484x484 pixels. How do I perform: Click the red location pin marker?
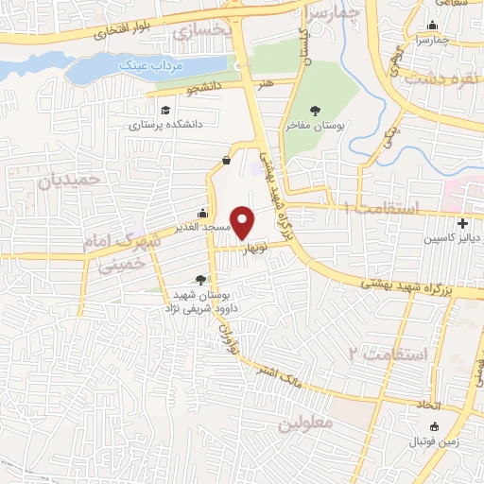pyautogui.click(x=244, y=222)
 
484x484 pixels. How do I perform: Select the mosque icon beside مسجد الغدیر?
pyautogui.click(x=201, y=213)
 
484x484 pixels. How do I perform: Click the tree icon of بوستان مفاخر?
pyautogui.click(x=316, y=111)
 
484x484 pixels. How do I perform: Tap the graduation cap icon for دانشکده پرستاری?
pyautogui.click(x=166, y=110)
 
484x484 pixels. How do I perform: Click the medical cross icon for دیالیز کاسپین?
pyautogui.click(x=461, y=224)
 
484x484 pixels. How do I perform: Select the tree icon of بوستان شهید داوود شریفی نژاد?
pyautogui.click(x=199, y=279)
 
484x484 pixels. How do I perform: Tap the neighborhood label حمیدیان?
pyautogui.click(x=69, y=176)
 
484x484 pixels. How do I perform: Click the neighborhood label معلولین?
pyautogui.click(x=307, y=423)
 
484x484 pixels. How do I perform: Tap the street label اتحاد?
pyautogui.click(x=428, y=405)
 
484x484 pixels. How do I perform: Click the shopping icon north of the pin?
pyautogui.click(x=226, y=160)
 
